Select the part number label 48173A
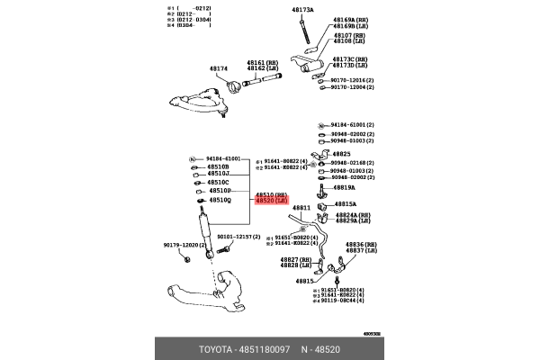click(x=302, y=9)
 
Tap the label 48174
click(x=220, y=68)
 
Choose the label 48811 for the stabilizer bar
click(x=300, y=208)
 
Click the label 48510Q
click(x=220, y=200)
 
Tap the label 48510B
click(x=219, y=166)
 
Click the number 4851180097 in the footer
click(x=263, y=348)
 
